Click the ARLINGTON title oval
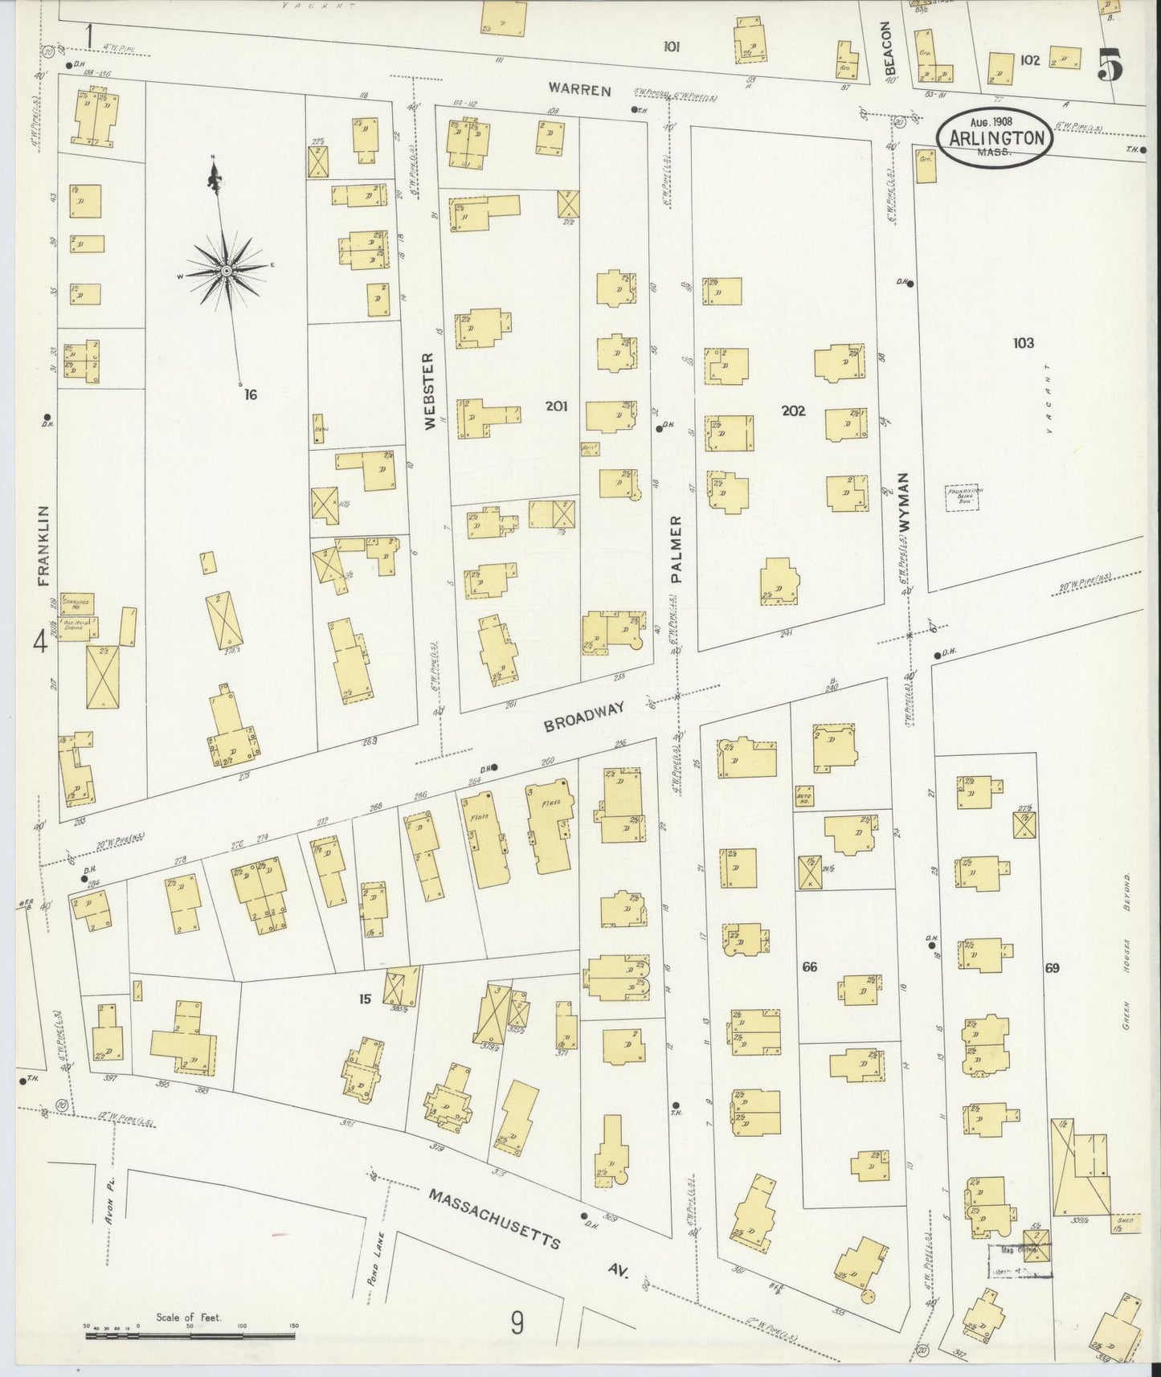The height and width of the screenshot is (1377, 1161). pyautogui.click(x=997, y=137)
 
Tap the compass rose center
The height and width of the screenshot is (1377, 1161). pyautogui.click(x=227, y=271)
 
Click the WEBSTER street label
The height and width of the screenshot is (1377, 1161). pyautogui.click(x=428, y=390)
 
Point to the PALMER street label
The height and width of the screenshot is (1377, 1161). pyautogui.click(x=677, y=549)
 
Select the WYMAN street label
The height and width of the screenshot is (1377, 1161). pyautogui.click(x=904, y=501)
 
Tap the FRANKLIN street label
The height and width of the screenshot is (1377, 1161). pyautogui.click(x=43, y=547)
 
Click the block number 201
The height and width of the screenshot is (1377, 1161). pyautogui.click(x=556, y=407)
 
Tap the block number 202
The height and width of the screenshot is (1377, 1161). pyautogui.click(x=793, y=411)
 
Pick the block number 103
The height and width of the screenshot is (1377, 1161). pyautogui.click(x=1023, y=343)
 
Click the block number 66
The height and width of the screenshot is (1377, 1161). pyautogui.click(x=809, y=966)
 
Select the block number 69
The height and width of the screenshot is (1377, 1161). pyautogui.click(x=1052, y=967)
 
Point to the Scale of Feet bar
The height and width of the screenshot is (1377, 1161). pyautogui.click(x=190, y=1336)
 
